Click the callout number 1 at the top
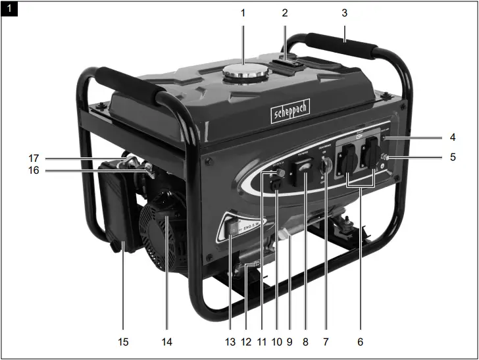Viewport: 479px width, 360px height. click(242, 12)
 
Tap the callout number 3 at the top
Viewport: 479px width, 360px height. click(344, 12)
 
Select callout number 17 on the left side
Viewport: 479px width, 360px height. click(34, 158)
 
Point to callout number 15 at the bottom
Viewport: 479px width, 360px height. click(123, 342)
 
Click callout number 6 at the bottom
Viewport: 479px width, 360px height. click(359, 342)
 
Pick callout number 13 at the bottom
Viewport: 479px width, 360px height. click(230, 342)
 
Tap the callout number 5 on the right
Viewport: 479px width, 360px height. click(452, 157)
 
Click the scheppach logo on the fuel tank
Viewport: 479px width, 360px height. click(290, 113)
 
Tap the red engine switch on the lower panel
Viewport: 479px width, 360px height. click(232, 228)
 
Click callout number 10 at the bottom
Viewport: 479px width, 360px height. click(276, 342)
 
